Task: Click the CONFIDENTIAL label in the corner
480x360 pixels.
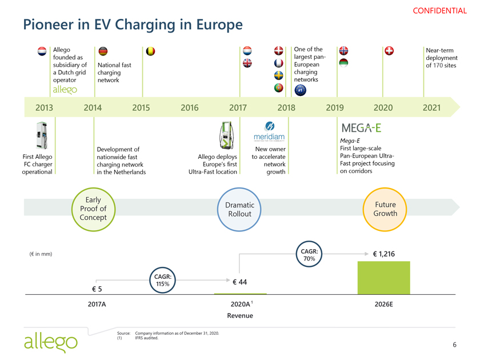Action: tap(443, 10)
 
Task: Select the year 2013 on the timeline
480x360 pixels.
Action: tap(45, 107)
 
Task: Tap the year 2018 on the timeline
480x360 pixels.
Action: tap(286, 107)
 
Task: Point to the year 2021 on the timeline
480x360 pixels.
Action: tap(430, 107)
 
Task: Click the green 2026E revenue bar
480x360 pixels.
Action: tap(383, 278)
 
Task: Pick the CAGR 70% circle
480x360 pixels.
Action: tap(310, 255)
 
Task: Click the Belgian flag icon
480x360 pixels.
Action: tap(151, 51)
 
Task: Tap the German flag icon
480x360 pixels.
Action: tap(103, 51)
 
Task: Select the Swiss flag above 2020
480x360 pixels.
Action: tap(390, 51)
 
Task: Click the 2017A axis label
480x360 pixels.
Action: tap(97, 305)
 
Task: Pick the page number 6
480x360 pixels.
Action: tap(454, 345)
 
